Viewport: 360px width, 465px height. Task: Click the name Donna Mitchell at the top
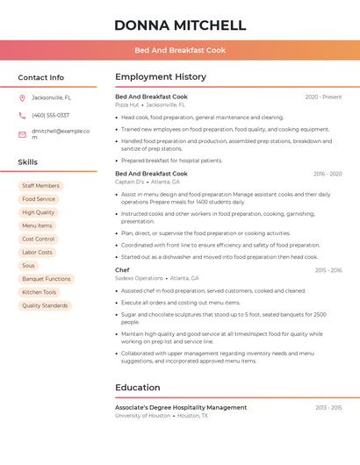pos(180,25)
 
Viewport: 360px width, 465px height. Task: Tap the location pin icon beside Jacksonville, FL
pos(22,97)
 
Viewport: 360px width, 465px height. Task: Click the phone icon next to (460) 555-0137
pos(22,115)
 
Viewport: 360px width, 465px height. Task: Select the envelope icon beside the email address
pos(22,134)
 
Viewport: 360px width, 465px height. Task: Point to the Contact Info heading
pos(40,77)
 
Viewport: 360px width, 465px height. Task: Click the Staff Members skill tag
pos(40,186)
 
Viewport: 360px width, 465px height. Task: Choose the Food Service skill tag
pos(39,199)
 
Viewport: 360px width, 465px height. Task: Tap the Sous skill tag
pos(29,265)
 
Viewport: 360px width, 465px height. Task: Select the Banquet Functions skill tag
pos(46,279)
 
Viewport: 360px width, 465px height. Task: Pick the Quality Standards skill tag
pos(45,305)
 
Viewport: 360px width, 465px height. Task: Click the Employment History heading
pos(161,77)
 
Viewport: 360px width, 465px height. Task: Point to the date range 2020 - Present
pos(323,97)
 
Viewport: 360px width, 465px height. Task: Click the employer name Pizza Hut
pos(126,104)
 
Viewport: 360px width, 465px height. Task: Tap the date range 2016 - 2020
pos(328,174)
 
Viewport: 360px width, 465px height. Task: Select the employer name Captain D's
pos(130,182)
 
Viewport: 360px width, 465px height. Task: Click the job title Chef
pos(122,270)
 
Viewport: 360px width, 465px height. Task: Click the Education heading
pos(138,387)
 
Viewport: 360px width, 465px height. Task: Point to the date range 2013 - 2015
pos(328,407)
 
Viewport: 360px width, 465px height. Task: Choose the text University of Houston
pos(142,415)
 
